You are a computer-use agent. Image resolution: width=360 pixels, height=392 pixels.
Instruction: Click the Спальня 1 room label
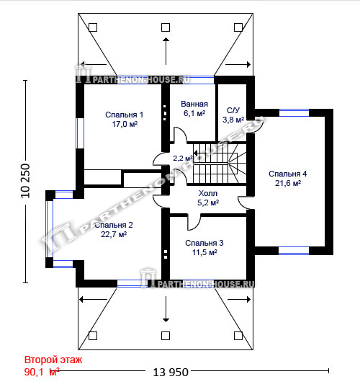coord(124,115)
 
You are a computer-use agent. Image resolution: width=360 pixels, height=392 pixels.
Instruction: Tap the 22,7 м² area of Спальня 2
coord(114,234)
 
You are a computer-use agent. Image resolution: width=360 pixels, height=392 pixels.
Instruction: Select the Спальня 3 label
coord(204,243)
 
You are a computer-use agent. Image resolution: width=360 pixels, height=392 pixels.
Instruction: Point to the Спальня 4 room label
coord(288,174)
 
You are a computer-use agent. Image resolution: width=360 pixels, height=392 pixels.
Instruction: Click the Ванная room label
coord(194,104)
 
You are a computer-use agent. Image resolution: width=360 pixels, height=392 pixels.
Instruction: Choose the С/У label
coord(233,110)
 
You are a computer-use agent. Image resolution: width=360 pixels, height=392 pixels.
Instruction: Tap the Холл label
coord(208,193)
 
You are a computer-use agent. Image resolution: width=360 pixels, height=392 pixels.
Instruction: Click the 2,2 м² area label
coord(183,158)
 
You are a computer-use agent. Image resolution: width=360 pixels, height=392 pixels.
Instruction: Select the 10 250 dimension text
coord(25,181)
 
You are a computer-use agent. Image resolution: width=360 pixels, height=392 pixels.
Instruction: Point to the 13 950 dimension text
coord(171,373)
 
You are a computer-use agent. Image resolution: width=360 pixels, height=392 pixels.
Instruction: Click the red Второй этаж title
coord(53,360)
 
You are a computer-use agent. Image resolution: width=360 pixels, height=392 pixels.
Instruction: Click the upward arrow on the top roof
coord(166,51)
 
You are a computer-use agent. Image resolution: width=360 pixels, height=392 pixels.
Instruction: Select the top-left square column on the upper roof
coord(93,27)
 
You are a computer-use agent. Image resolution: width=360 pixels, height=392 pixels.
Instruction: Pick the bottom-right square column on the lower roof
coord(238,336)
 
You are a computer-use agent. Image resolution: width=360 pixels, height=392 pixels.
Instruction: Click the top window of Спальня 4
coord(294,112)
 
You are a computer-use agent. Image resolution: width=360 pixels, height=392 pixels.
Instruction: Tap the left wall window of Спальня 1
coord(80,133)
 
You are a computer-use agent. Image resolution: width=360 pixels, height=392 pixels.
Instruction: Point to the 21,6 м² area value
coord(288,183)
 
